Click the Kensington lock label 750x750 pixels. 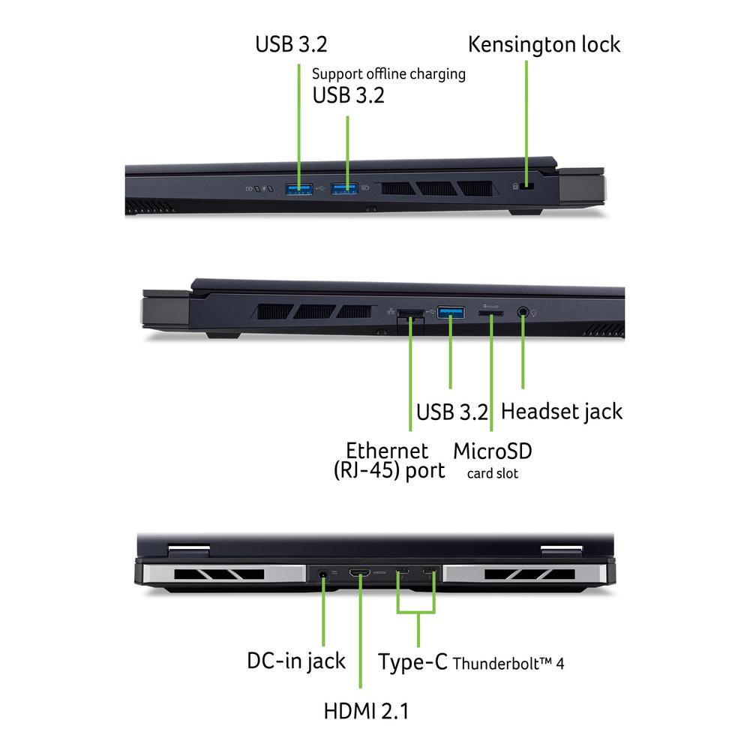[x=544, y=44]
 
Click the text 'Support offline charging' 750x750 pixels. [x=388, y=74]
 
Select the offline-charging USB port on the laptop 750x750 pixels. [x=344, y=188]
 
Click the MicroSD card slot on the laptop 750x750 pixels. [x=490, y=313]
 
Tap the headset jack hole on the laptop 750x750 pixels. [x=523, y=312]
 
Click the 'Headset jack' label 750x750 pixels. [x=562, y=411]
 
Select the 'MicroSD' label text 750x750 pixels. [x=492, y=451]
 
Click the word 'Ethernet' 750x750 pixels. [x=387, y=451]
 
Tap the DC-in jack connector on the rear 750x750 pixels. [x=323, y=573]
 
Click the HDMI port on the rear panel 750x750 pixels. [x=359, y=572]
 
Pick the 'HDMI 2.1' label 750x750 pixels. [x=366, y=711]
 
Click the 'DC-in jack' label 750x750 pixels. [x=296, y=661]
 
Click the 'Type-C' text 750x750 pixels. [x=412, y=662]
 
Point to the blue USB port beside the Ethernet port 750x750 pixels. [x=451, y=313]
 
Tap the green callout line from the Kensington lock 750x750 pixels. [x=526, y=123]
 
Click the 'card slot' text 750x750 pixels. [x=492, y=473]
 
